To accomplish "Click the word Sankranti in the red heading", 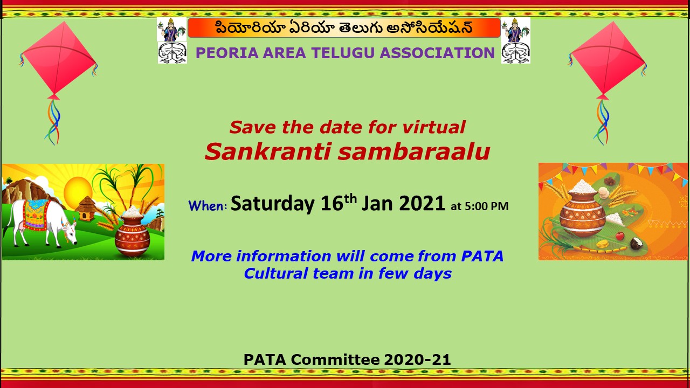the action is [x=267, y=152].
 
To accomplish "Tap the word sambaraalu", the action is [x=413, y=152].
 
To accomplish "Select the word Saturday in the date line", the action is [x=273, y=204].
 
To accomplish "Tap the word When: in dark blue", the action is [x=208, y=206].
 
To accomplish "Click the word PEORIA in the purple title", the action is [x=227, y=53].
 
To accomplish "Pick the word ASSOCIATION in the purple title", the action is [x=437, y=53].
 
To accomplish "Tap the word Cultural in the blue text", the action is [x=276, y=273].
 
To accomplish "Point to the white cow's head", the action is [x=70, y=232].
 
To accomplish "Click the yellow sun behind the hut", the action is [x=78, y=190].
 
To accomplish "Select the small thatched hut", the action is [x=86, y=209].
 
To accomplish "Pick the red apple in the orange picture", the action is [x=620, y=236].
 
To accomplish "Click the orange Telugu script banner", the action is [x=344, y=28].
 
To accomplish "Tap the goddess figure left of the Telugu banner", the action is [x=172, y=30].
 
